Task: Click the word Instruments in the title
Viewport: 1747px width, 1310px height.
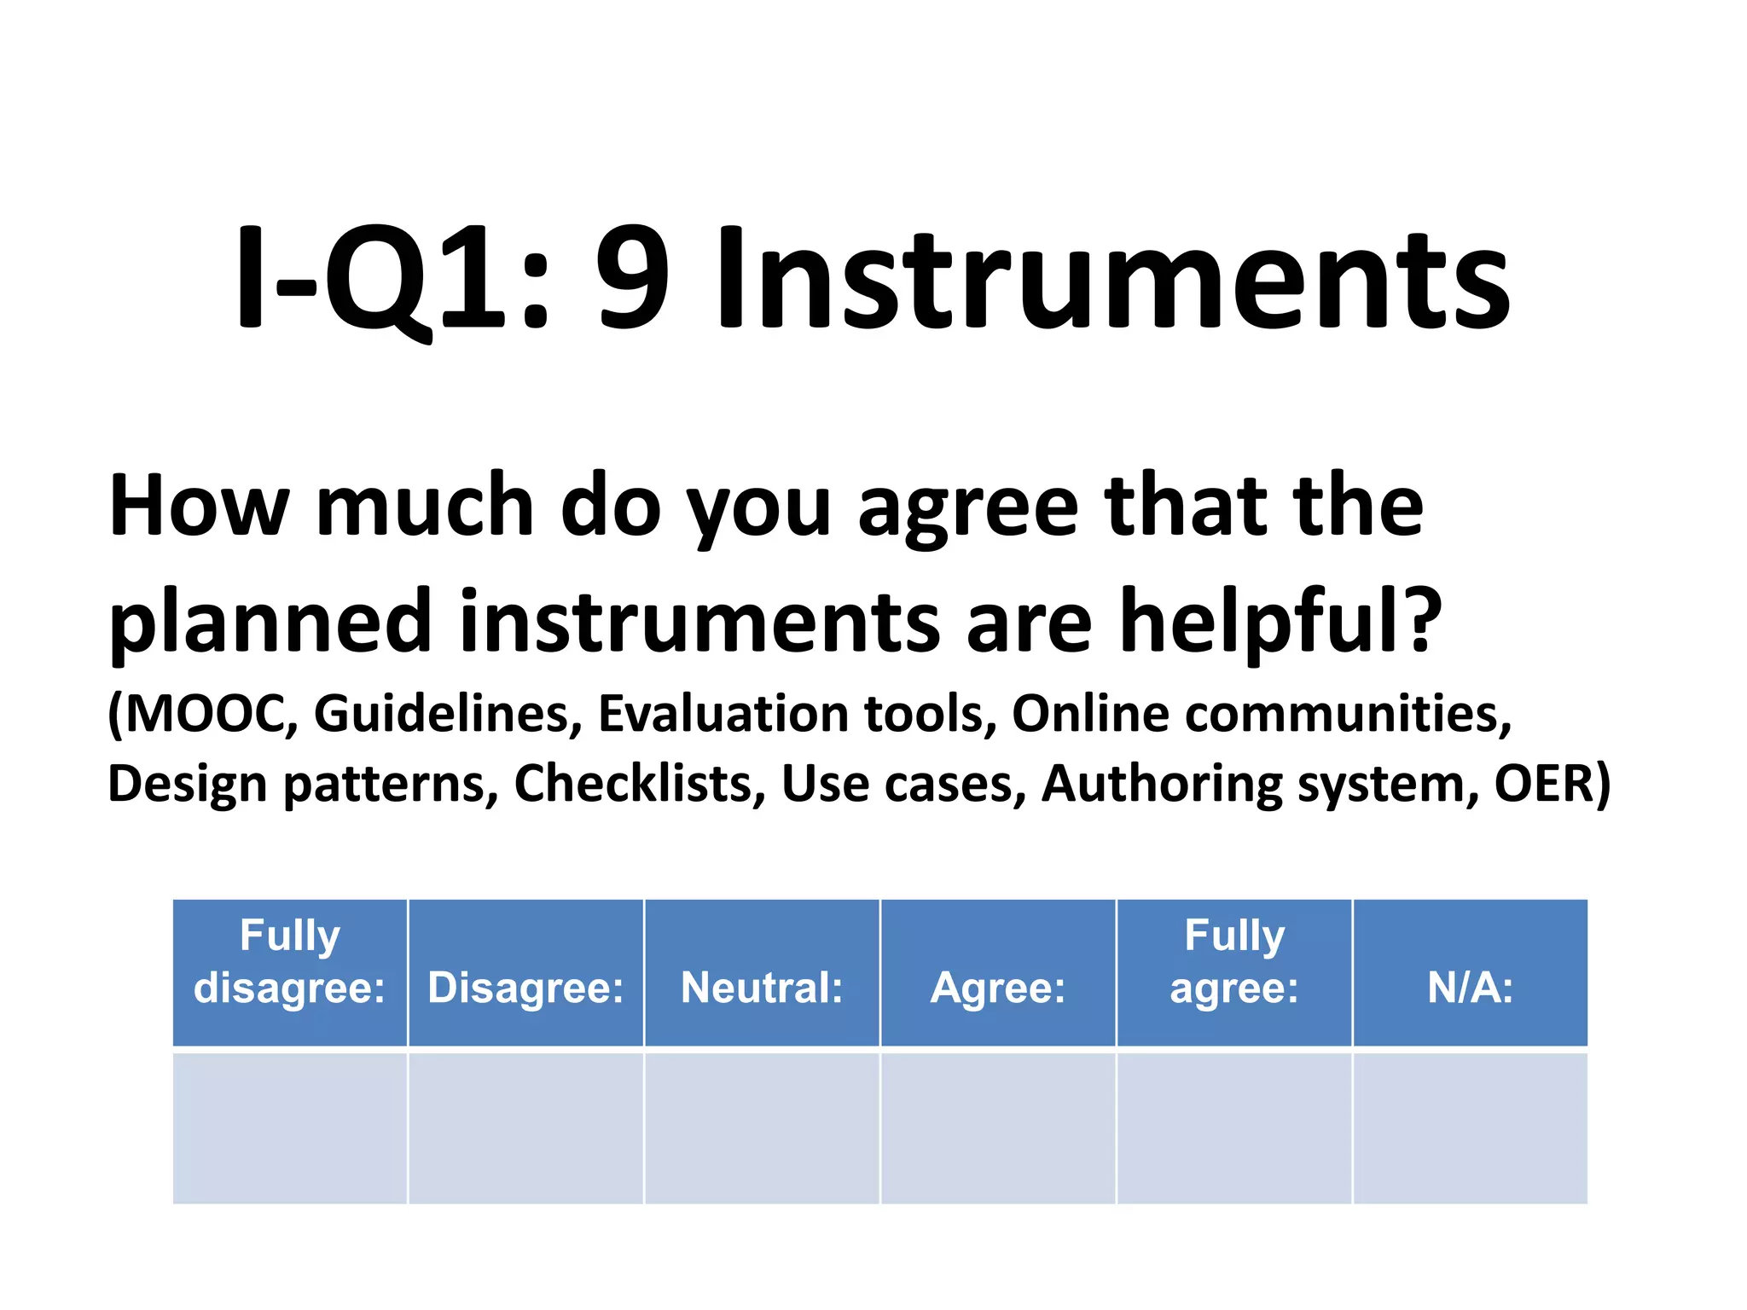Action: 1112,279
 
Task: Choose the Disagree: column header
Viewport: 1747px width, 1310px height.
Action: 525,988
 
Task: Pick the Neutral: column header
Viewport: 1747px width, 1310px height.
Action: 762,988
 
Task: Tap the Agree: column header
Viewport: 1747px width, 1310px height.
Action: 998,988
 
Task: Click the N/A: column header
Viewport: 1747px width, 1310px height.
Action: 1471,988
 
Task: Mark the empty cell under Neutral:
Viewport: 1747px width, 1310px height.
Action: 762,1128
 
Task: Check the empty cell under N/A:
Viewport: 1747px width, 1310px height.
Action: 1471,1128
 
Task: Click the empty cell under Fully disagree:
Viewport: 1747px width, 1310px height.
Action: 290,1128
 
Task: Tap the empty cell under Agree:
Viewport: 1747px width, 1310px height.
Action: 998,1128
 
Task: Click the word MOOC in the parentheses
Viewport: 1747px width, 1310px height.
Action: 208,713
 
